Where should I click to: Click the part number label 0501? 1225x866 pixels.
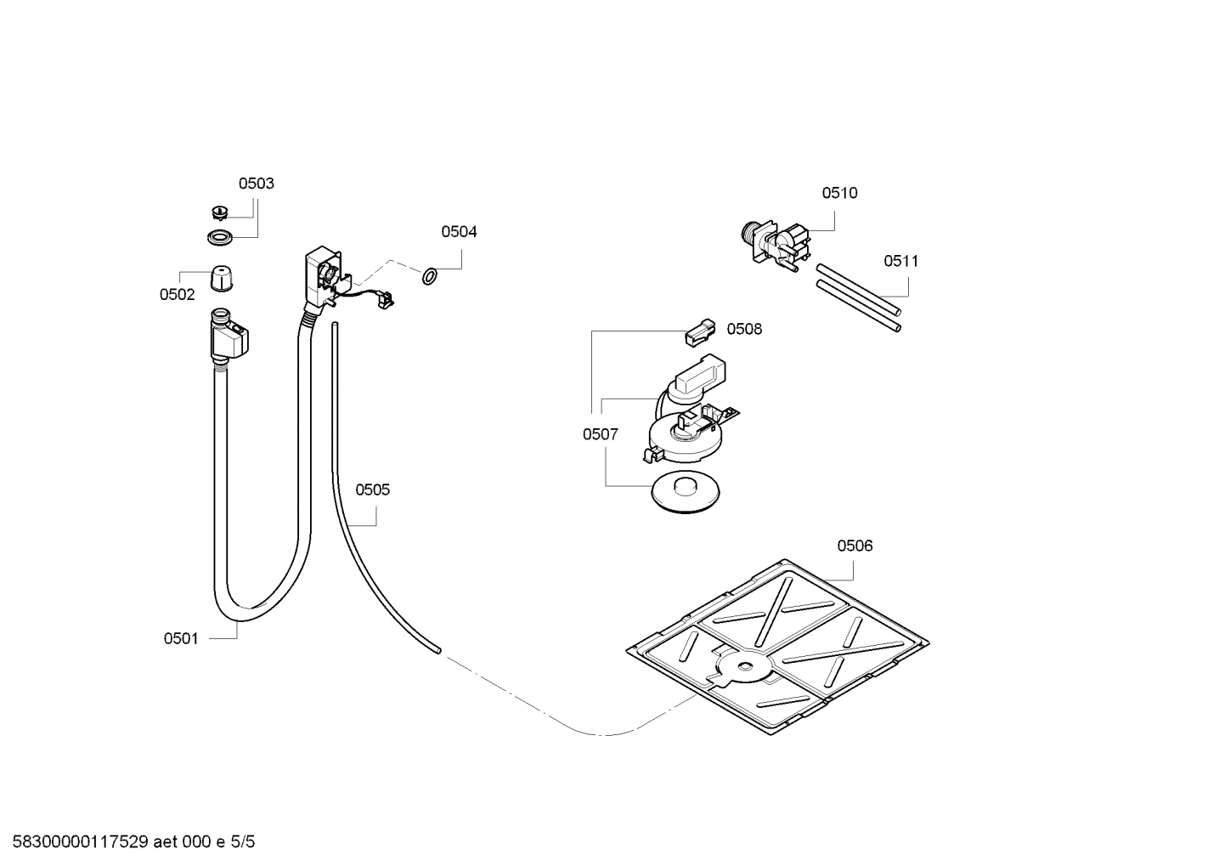(x=180, y=638)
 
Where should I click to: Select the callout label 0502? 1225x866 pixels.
(x=177, y=295)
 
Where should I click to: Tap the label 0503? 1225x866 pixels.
(x=256, y=184)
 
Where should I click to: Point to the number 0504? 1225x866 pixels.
(x=459, y=231)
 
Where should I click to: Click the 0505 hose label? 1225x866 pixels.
(x=372, y=490)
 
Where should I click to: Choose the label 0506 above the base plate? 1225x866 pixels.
(x=855, y=546)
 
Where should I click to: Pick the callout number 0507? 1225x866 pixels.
(x=600, y=434)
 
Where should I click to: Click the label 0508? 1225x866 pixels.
(x=744, y=329)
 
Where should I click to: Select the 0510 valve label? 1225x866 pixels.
(x=839, y=193)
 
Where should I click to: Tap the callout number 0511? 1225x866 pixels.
(x=900, y=261)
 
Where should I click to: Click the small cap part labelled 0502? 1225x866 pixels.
(x=221, y=276)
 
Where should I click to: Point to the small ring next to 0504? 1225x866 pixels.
(x=430, y=275)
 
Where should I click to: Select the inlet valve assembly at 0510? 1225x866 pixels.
(x=776, y=241)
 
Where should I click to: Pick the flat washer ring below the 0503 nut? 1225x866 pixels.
(x=220, y=236)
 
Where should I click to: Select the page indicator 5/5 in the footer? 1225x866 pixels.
(x=243, y=843)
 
